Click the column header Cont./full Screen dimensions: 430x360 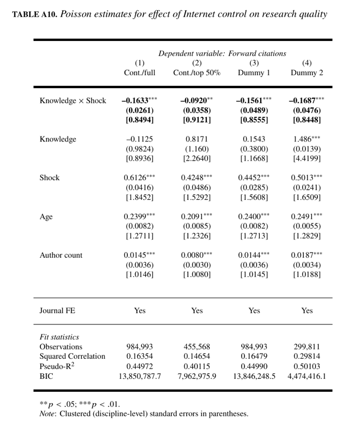(x=140, y=73)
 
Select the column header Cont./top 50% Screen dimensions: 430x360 (x=197, y=73)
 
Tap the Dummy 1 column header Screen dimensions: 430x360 (x=254, y=73)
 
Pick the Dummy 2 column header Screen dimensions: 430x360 (x=307, y=73)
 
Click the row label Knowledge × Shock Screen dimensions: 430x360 (x=72, y=101)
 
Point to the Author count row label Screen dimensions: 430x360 (x=61, y=255)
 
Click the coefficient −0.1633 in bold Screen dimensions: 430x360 (x=136, y=101)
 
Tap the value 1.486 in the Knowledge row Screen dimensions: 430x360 (x=303, y=139)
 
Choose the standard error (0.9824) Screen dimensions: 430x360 (x=140, y=149)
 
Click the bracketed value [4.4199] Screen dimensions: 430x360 (x=307, y=159)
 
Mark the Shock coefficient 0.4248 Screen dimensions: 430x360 (x=193, y=178)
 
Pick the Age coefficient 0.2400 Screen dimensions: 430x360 (x=251, y=217)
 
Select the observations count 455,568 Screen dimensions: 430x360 (x=197, y=347)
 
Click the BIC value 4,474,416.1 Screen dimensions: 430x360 (x=307, y=376)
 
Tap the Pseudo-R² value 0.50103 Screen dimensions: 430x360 (x=307, y=367)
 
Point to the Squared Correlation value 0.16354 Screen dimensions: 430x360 (x=140, y=356)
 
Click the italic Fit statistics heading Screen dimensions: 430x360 (x=59, y=337)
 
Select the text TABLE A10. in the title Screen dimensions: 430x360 (x=35, y=14)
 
